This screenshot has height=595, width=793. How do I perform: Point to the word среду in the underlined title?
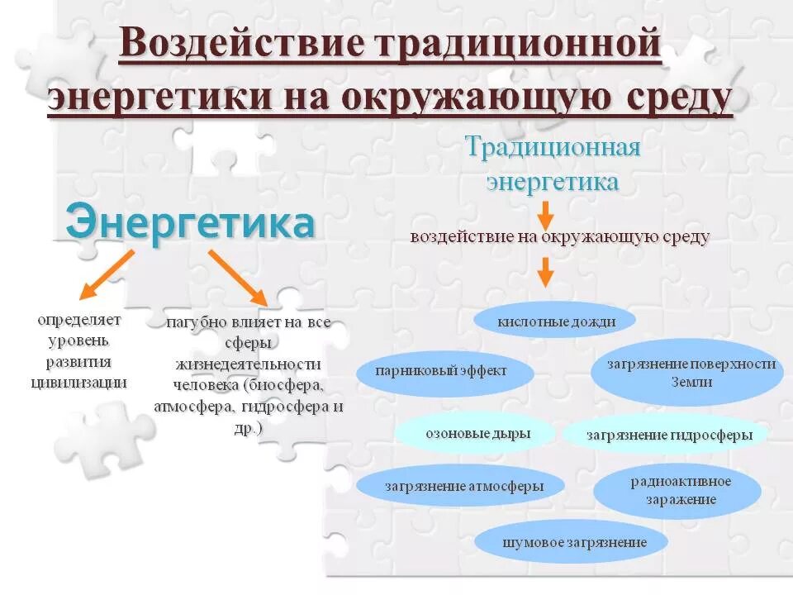click(674, 98)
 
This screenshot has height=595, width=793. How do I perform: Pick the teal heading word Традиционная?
click(553, 148)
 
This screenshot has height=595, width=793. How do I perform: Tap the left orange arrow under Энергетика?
click(105, 275)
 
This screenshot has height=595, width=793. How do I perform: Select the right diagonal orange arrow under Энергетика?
click(238, 278)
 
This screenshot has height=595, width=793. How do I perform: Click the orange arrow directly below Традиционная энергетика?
click(544, 215)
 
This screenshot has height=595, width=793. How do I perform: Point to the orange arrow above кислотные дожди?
click(544, 272)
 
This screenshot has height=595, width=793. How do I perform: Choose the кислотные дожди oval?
click(556, 321)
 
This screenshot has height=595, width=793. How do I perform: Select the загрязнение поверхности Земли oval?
click(687, 372)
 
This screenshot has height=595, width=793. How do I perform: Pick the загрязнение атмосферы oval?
click(463, 486)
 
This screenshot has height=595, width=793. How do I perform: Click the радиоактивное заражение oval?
click(677, 490)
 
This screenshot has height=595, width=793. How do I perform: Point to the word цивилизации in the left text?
click(78, 381)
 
